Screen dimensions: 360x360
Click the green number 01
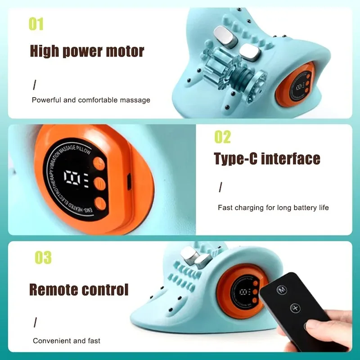[36, 24]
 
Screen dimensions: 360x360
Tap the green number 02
[222, 137]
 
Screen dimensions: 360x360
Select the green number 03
[43, 258]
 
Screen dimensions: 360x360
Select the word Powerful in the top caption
[47, 100]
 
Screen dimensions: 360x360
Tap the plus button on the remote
[295, 308]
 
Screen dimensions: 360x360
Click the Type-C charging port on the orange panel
[127, 183]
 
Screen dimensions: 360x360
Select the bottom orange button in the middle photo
[99, 204]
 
